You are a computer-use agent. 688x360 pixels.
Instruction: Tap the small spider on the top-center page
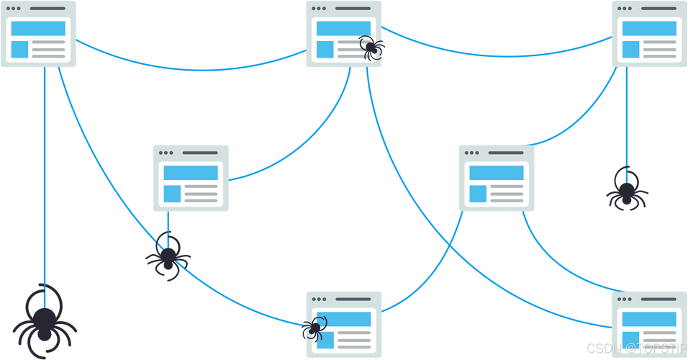click(373, 48)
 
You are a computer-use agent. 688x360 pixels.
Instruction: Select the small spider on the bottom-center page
click(313, 330)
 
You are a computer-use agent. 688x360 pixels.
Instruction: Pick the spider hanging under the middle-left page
click(168, 256)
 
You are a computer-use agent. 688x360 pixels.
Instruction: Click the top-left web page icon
click(39, 35)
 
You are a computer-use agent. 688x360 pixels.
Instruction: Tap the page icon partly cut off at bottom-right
click(648, 325)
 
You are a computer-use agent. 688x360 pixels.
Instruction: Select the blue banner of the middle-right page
click(495, 173)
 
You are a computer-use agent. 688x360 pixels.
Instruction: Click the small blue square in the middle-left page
click(172, 194)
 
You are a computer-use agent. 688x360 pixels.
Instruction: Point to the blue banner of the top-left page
click(38, 29)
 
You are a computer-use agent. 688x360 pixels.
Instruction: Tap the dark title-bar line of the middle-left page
click(200, 153)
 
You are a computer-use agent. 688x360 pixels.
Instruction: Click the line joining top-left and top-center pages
click(187, 68)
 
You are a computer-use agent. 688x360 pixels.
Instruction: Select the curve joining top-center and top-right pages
click(497, 54)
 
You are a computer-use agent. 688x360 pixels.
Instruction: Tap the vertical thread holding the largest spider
click(45, 180)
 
